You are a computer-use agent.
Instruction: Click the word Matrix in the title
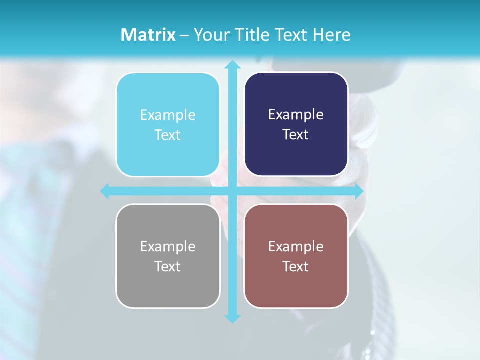point(148,35)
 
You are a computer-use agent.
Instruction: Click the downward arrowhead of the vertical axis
point(232,318)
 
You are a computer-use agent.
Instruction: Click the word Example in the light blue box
point(168,115)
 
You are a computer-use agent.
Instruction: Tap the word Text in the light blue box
point(168,135)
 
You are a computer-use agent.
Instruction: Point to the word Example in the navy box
point(296,115)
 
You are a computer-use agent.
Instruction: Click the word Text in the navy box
point(296,135)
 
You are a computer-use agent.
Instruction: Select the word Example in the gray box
point(168,246)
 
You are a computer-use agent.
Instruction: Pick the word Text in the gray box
point(168,266)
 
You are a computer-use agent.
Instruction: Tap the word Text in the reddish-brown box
point(296,266)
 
